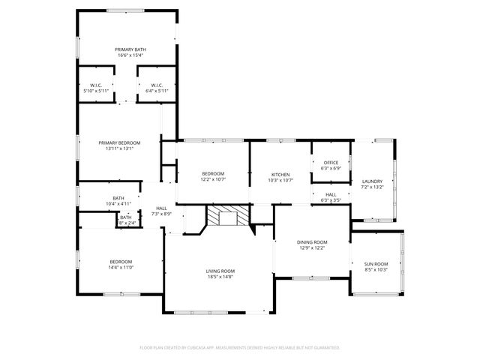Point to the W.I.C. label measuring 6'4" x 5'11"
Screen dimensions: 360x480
[x=157, y=85]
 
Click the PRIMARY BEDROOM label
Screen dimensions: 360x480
[x=119, y=142]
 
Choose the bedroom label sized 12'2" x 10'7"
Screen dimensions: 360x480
[x=212, y=174]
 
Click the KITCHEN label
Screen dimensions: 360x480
[x=280, y=174]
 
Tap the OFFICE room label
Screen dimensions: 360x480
[x=331, y=163]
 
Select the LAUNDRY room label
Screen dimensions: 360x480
[x=372, y=181]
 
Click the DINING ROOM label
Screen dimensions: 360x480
[x=312, y=242]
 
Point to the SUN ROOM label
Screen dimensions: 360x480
[x=376, y=264]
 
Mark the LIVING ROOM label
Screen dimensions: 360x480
[x=220, y=271]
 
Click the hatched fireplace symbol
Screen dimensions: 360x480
[x=223, y=217]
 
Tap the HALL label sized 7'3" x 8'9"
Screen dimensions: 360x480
[x=161, y=208]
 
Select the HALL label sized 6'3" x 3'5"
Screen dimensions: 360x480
[x=331, y=194]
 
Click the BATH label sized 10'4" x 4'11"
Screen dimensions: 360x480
[x=118, y=198]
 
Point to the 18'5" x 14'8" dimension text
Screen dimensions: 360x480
[x=220, y=277]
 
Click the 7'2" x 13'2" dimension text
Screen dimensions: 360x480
[x=372, y=187]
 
